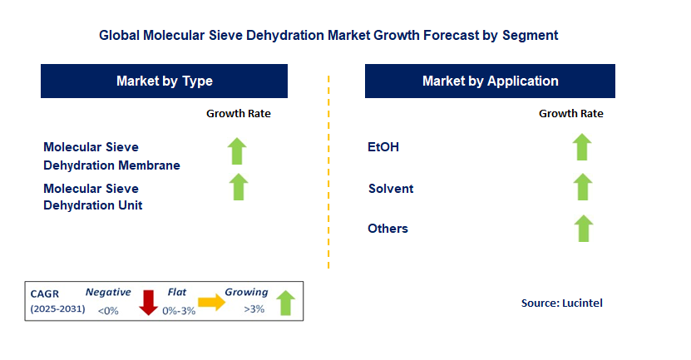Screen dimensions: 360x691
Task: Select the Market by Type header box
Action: coord(164,81)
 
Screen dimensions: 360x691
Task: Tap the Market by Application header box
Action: coord(490,81)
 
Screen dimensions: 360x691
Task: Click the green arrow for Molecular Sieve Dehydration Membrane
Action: coord(239,151)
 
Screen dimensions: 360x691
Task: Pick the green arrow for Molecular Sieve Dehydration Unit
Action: coord(239,187)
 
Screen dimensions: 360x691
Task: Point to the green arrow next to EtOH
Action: coord(582,147)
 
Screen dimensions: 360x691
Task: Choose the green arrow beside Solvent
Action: coord(582,187)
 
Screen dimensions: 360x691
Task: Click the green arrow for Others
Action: coord(582,228)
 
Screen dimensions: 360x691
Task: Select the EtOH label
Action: coord(383,147)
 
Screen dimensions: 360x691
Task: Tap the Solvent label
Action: coord(391,189)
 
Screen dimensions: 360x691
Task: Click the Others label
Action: coord(388,229)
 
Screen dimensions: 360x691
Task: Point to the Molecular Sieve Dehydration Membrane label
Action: coord(111,156)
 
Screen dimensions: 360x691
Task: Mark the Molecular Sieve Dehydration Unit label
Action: coord(92,197)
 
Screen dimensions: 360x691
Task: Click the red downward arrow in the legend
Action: coord(149,302)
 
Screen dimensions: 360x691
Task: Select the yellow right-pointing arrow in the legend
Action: coord(211,303)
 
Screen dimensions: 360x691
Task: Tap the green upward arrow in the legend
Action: coord(285,302)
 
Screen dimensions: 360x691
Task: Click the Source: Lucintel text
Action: coord(561,303)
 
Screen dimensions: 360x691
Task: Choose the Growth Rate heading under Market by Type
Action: coord(239,114)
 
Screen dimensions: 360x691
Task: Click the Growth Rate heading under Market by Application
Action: coord(571,114)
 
